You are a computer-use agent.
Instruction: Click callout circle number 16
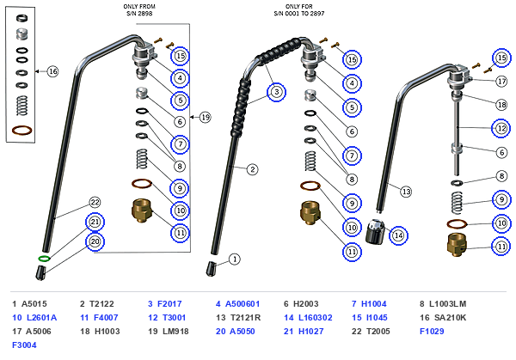click(52, 71)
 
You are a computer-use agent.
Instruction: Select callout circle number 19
click(206, 117)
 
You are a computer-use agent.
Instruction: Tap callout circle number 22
click(95, 202)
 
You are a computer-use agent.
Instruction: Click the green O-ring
click(44, 259)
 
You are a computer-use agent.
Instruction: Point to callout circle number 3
click(276, 92)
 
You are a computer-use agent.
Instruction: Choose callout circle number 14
click(398, 235)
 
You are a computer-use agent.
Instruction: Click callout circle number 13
click(406, 192)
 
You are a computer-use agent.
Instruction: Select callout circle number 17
click(501, 82)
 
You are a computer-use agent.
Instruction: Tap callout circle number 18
click(501, 105)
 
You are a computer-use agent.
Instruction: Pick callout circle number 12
click(501, 128)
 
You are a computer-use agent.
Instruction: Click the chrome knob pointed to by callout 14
click(375, 232)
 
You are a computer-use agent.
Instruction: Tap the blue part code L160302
click(316, 318)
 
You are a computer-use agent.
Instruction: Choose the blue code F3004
click(24, 345)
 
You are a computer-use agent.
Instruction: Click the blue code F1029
click(432, 332)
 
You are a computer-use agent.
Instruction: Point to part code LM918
click(175, 332)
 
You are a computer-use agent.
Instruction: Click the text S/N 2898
click(139, 14)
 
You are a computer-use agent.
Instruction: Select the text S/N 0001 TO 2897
click(299, 14)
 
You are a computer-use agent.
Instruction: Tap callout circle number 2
click(252, 169)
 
